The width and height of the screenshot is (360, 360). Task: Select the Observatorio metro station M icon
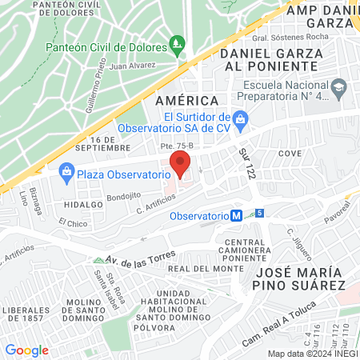(x=236, y=216)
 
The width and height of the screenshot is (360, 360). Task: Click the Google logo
(x=26, y=350)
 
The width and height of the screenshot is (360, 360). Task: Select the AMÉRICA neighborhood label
(x=186, y=100)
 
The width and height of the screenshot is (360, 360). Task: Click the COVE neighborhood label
(x=289, y=152)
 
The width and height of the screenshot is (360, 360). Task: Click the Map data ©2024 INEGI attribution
(x=311, y=353)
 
